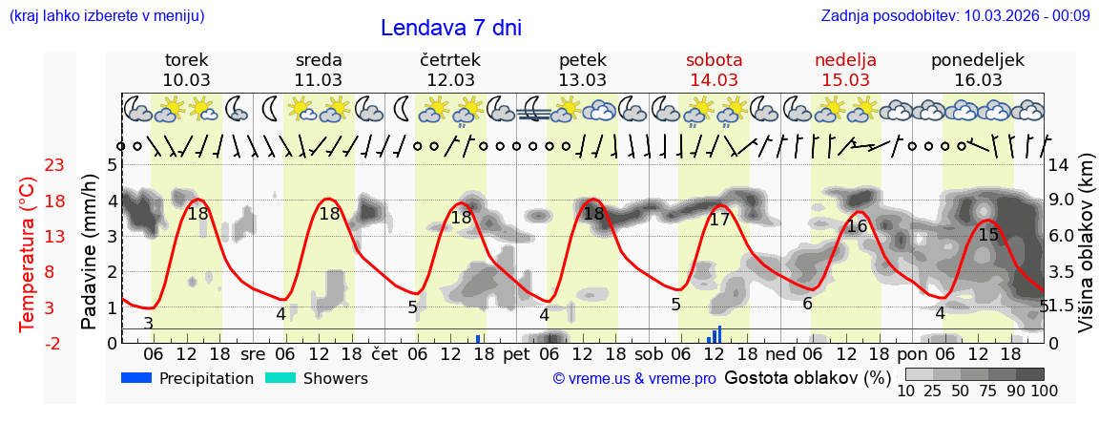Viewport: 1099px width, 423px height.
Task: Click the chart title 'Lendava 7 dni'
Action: coord(450,28)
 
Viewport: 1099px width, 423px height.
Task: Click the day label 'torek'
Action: coord(186,60)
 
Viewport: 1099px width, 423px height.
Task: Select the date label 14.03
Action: coord(714,80)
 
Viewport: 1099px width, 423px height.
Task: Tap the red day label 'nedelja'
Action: coord(845,60)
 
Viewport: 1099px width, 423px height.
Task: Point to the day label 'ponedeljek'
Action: coord(977,60)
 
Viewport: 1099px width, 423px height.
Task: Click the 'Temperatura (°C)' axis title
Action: coord(28,253)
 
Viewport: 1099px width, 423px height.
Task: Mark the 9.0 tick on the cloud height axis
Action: coord(1061,201)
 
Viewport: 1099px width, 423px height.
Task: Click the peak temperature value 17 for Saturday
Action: coord(720,220)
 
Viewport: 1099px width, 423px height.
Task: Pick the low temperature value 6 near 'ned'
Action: coord(807,304)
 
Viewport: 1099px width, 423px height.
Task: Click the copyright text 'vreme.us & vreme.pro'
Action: coord(634,378)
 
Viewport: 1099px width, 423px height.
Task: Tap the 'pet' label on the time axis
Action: coord(516,353)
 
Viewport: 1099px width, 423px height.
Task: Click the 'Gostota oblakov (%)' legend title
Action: coord(807,377)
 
